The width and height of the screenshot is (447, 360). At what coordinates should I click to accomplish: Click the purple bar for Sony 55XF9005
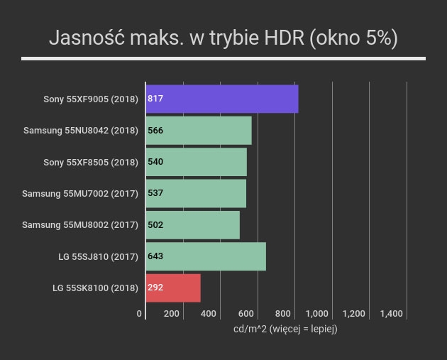222,99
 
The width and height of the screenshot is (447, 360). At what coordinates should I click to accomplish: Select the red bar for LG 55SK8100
173,288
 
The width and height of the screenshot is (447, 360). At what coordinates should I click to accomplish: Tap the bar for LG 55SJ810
206,256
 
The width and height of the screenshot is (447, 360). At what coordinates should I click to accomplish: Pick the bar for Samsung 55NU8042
199,131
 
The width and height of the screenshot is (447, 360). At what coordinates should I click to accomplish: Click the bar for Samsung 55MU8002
193,225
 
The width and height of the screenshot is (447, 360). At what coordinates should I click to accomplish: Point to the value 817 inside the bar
155,99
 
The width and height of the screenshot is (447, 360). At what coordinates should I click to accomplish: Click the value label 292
155,288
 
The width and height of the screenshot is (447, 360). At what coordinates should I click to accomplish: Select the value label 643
155,256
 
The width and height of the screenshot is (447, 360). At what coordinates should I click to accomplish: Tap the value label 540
155,162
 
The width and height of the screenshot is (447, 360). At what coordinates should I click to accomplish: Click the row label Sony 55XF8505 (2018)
91,163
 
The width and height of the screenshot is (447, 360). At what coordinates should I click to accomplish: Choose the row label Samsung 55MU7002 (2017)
80,194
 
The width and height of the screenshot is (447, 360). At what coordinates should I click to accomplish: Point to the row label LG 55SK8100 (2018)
95,288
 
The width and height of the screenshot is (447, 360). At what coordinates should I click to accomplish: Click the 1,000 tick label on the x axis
317,314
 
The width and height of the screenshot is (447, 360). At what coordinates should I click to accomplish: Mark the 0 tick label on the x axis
139,314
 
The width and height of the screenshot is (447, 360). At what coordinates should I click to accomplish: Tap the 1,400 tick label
392,314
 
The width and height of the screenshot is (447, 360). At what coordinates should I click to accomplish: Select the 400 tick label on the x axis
209,314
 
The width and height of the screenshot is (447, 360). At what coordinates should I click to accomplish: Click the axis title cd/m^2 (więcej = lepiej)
285,329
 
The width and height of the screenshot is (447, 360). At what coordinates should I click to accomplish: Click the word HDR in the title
285,38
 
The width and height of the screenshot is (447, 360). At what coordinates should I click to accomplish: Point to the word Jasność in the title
87,38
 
